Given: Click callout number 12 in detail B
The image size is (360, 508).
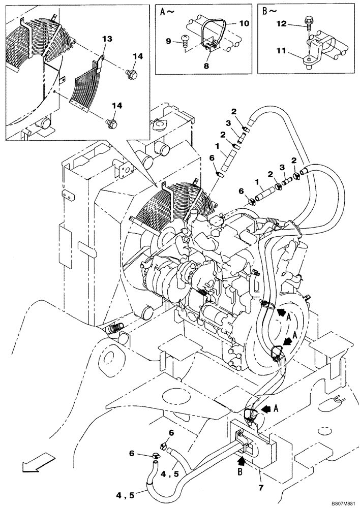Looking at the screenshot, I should click(282, 23).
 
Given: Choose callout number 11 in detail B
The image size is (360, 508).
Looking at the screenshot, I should click(282, 51).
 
